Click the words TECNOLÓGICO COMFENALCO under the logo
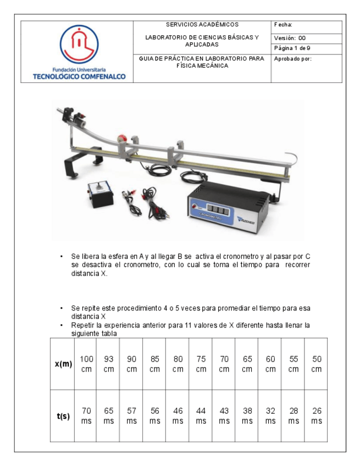point(79,76)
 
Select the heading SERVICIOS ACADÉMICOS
point(202,25)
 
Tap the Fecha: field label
point(283,25)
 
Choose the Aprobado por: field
point(293,59)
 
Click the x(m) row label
point(63,364)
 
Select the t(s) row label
point(63,416)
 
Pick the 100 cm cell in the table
point(86,364)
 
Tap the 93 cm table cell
point(109,364)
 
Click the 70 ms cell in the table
point(86,416)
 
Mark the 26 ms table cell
point(316,416)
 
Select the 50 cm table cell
point(316,364)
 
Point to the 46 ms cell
point(178,416)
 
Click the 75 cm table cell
point(201,364)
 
